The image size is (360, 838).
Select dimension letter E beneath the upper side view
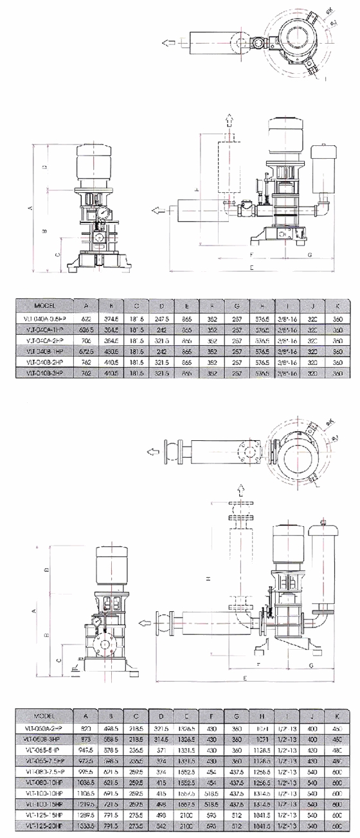click(251, 266)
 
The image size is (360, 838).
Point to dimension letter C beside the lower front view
click(59, 659)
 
